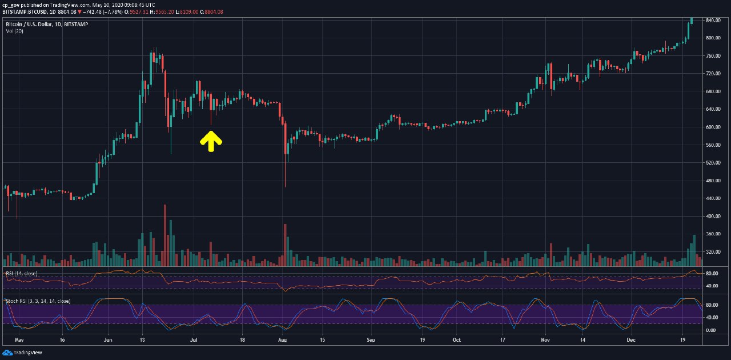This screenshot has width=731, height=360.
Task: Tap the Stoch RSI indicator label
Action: [38, 301]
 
